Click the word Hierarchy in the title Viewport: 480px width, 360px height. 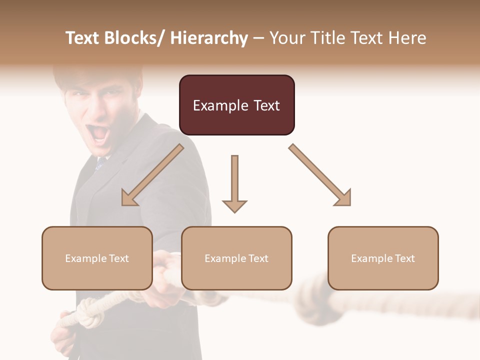point(209,38)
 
